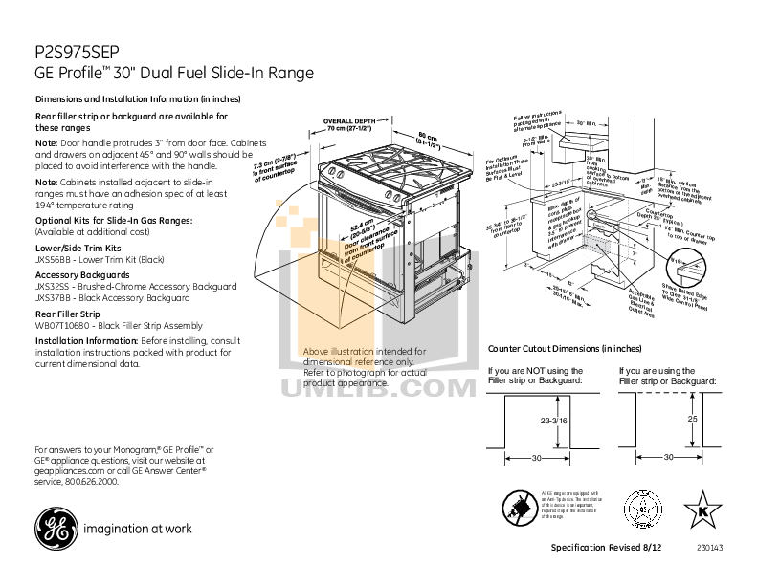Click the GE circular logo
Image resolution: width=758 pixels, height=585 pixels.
(x=54, y=527)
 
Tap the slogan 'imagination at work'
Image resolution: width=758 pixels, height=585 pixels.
(x=138, y=528)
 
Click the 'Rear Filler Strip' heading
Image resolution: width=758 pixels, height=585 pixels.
(x=67, y=313)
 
